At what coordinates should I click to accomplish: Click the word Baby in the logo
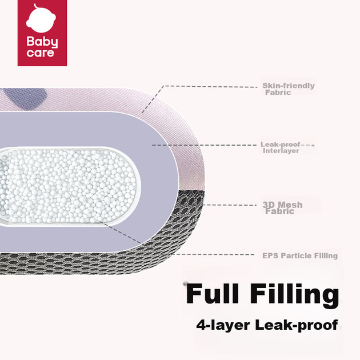pyautogui.click(x=42, y=42)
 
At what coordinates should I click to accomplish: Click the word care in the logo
pyautogui.click(x=41, y=53)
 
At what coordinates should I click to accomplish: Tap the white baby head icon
pyautogui.click(x=41, y=19)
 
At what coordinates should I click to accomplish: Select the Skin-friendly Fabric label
pyautogui.click(x=289, y=89)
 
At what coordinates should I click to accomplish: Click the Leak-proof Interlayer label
pyautogui.click(x=281, y=147)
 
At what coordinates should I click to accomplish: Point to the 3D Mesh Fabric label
pyautogui.click(x=282, y=208)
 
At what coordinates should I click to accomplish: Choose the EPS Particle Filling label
pyautogui.click(x=300, y=255)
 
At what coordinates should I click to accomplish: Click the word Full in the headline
pyautogui.click(x=213, y=294)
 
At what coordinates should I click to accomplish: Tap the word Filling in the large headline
pyautogui.click(x=294, y=296)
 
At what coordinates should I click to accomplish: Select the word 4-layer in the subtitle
pyautogui.click(x=223, y=325)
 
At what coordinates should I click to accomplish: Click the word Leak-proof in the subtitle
pyautogui.click(x=297, y=325)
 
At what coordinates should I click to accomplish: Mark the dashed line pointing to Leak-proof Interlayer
pyautogui.click(x=205, y=145)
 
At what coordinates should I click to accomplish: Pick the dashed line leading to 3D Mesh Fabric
pyautogui.click(x=230, y=205)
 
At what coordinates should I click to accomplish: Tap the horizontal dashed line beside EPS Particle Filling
pyautogui.click(x=213, y=254)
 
